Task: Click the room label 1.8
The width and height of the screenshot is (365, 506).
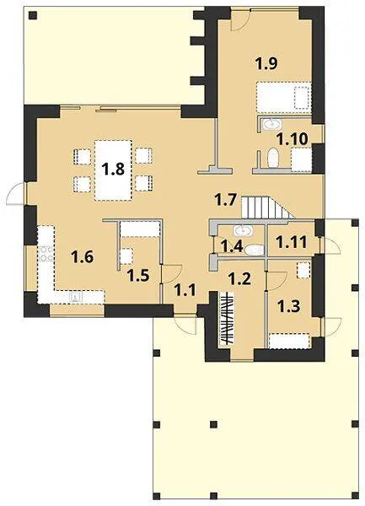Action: [x=113, y=169]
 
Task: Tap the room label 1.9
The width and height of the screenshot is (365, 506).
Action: [x=266, y=63]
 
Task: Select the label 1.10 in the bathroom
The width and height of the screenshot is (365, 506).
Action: [x=293, y=139]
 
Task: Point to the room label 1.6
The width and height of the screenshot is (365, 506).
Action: [x=83, y=257]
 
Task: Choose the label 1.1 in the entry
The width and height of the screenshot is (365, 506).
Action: [x=185, y=290]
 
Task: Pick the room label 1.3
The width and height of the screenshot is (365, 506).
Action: [x=289, y=306]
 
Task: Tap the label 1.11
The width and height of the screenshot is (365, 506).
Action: [x=293, y=242]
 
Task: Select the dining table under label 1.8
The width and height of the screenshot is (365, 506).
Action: [x=113, y=170]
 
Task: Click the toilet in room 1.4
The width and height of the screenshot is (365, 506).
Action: [x=255, y=250]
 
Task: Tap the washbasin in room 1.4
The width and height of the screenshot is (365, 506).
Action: [x=242, y=231]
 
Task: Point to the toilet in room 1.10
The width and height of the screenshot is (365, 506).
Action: [x=273, y=159]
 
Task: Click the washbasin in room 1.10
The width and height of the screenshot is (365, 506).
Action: [x=271, y=124]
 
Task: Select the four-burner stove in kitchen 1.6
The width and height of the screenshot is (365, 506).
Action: [x=46, y=254]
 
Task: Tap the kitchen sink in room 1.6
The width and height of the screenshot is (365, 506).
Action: [x=75, y=297]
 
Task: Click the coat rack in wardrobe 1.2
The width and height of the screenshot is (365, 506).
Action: [x=227, y=318]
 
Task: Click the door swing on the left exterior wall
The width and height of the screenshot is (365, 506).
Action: [x=15, y=194]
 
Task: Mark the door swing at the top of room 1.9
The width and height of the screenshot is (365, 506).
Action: [x=240, y=20]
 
